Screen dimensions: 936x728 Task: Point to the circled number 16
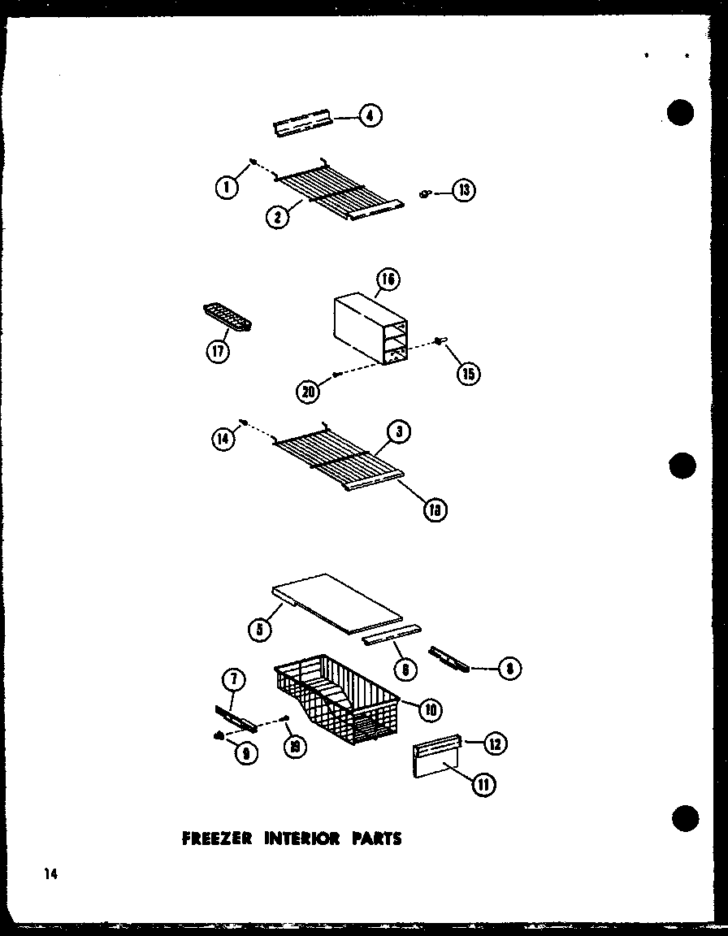tap(388, 281)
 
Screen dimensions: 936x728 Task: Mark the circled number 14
tap(223, 439)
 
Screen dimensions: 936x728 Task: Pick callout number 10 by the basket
tap(430, 709)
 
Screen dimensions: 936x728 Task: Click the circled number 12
tap(495, 741)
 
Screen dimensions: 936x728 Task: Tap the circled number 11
tap(485, 785)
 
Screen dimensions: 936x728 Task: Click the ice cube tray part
tap(226, 317)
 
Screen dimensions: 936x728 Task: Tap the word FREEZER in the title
tap(216, 838)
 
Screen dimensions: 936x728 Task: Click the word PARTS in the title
tap(375, 838)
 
